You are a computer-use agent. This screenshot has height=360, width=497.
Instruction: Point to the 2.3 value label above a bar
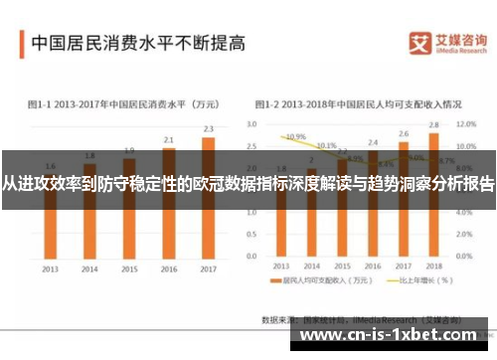(208, 129)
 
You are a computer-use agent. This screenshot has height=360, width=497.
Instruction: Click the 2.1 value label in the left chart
(169, 139)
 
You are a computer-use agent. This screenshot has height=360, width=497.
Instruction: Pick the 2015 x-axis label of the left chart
(129, 269)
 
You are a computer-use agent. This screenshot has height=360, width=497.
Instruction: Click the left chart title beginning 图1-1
(123, 103)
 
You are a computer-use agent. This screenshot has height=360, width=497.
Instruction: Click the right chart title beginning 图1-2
(358, 103)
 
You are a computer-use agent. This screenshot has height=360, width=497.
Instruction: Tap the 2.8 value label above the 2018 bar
(433, 124)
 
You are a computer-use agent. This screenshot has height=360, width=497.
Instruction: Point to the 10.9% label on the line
(295, 136)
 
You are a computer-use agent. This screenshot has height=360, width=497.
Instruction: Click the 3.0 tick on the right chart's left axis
(251, 124)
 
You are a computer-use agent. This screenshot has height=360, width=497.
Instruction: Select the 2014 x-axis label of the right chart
(312, 269)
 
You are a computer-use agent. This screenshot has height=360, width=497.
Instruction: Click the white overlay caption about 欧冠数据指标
(248, 185)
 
